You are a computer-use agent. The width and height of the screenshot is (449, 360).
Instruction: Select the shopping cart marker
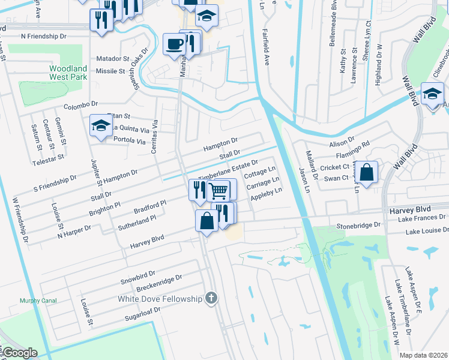[219, 190]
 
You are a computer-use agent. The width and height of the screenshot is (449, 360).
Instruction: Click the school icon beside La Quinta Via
[101, 126]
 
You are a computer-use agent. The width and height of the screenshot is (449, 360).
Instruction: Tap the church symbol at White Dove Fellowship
[210, 298]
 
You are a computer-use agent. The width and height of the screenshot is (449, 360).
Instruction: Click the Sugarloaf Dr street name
[143, 313]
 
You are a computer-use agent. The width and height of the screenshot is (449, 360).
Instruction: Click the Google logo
[20, 353]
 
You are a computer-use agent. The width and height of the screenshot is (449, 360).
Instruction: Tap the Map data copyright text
[424, 355]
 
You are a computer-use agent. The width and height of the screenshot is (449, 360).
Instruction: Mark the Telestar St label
[48, 158]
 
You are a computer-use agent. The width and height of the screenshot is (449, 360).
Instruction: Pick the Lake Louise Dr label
[426, 231]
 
